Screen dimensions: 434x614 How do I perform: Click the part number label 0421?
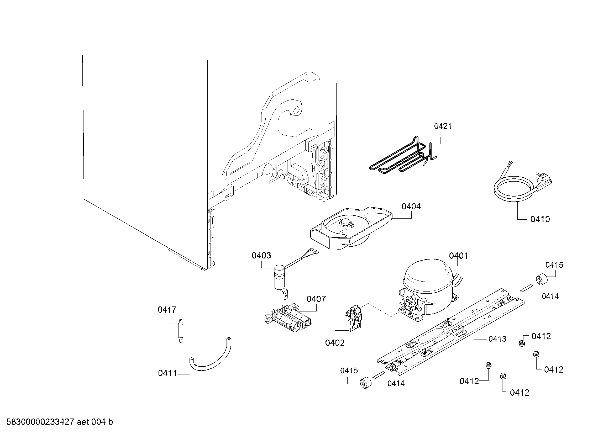[x=443, y=126]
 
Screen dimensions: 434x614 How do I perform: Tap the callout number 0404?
[x=411, y=206]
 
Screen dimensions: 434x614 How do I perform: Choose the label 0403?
[x=261, y=256]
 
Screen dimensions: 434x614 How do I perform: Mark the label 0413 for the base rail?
[x=497, y=339]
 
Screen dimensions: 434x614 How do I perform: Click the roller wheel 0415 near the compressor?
[x=542, y=279]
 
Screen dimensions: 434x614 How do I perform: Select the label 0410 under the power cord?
[x=540, y=219]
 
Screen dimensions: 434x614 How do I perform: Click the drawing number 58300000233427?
[x=40, y=422]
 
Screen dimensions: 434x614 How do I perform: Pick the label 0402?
[x=334, y=343]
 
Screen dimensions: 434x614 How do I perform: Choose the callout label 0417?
[x=167, y=310]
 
